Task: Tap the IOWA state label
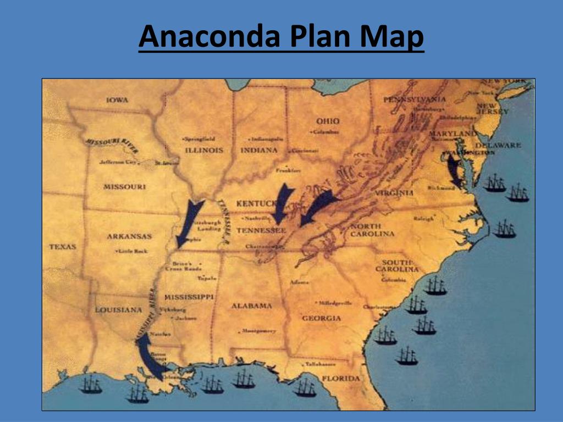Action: coord(118,100)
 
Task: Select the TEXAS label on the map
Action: coord(62,247)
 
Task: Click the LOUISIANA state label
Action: coord(119,310)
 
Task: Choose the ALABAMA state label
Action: coord(251,306)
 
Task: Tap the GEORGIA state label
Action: coord(322,318)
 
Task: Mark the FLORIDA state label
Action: coord(341,379)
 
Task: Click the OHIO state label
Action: coord(328,121)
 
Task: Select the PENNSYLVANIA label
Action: coord(415,99)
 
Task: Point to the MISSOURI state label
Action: coord(125,187)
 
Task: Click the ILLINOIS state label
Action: coord(204,150)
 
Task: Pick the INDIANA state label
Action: coord(259,150)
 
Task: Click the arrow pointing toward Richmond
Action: coord(454,171)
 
